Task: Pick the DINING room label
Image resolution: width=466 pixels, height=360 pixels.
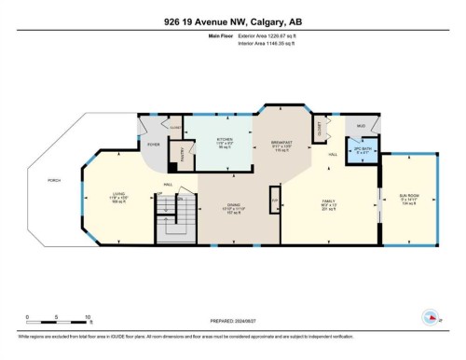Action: point(234,207)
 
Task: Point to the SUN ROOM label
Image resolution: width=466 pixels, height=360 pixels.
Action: point(407,197)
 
